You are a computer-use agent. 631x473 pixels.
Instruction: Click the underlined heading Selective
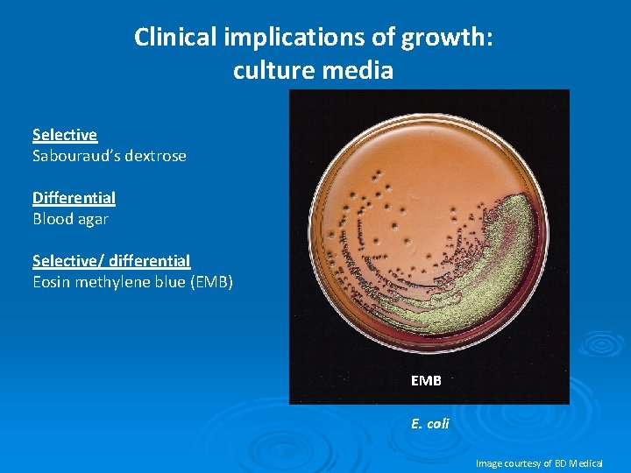point(65,135)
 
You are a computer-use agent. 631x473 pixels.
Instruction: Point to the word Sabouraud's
point(76,156)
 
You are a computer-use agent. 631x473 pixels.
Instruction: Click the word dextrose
point(155,156)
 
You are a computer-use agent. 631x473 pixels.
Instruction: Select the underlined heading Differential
point(74,198)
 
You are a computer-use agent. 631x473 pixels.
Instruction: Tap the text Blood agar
point(70,219)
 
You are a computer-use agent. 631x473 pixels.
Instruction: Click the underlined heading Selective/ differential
point(111,261)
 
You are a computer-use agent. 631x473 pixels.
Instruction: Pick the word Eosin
point(51,282)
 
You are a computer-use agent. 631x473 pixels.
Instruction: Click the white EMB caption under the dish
point(426,381)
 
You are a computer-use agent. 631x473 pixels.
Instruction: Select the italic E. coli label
point(429,423)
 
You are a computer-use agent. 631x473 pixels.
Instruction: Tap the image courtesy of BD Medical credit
point(538,462)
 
